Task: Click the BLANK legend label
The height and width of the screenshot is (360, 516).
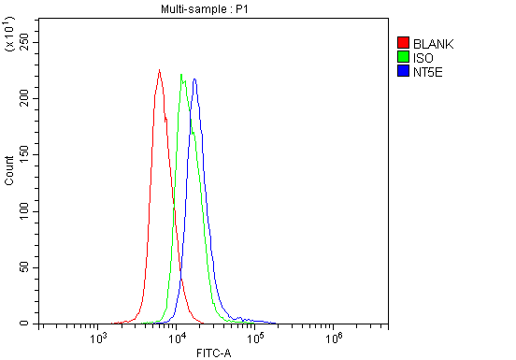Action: [432, 43]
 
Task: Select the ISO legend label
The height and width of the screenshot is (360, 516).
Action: [423, 57]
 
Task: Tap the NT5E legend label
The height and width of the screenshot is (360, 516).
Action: [427, 71]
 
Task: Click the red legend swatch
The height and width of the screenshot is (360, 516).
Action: [403, 43]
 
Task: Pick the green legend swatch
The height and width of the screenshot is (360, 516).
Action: [403, 57]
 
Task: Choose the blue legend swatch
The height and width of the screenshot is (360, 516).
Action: [403, 71]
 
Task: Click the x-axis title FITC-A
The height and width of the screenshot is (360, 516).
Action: [214, 353]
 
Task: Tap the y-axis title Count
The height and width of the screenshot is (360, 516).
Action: [9, 171]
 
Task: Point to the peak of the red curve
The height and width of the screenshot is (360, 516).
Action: [160, 70]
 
